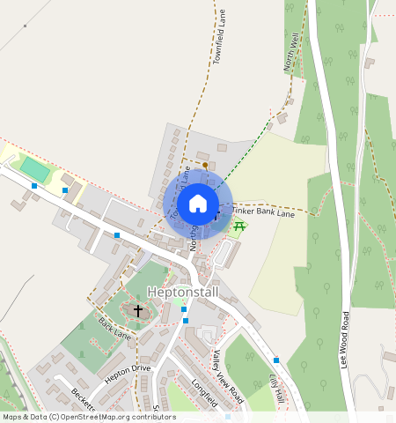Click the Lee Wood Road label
(x=346, y=339)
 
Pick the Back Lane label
(x=114, y=329)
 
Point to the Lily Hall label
(x=278, y=385)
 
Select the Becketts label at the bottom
(x=84, y=404)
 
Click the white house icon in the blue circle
(x=198, y=204)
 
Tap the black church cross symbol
(x=137, y=310)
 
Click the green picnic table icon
(x=238, y=226)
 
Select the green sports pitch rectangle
(x=36, y=168)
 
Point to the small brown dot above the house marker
(x=205, y=165)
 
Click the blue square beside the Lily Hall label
(x=276, y=360)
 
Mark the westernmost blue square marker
(x=34, y=186)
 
